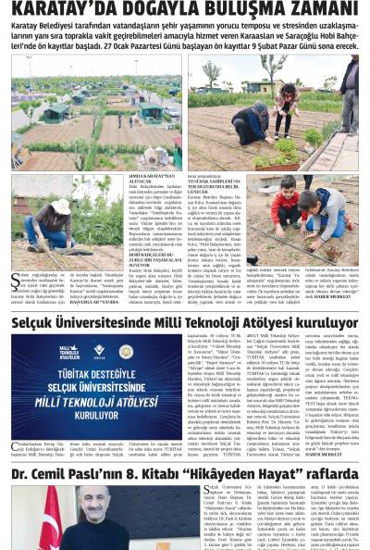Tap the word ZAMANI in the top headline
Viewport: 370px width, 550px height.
coord(318,12)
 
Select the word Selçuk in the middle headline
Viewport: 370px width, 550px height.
coord(37,323)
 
